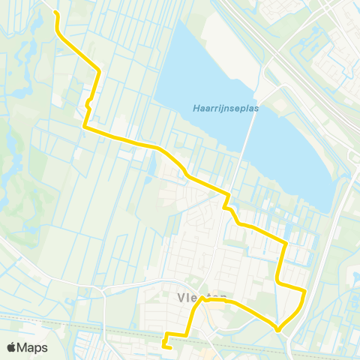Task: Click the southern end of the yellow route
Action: pos(164,346)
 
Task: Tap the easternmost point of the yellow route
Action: pos(304,290)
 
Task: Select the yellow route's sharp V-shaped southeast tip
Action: pos(277,329)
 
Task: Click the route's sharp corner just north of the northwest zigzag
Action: pos(100,71)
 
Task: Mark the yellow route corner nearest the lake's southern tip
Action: pos(286,242)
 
